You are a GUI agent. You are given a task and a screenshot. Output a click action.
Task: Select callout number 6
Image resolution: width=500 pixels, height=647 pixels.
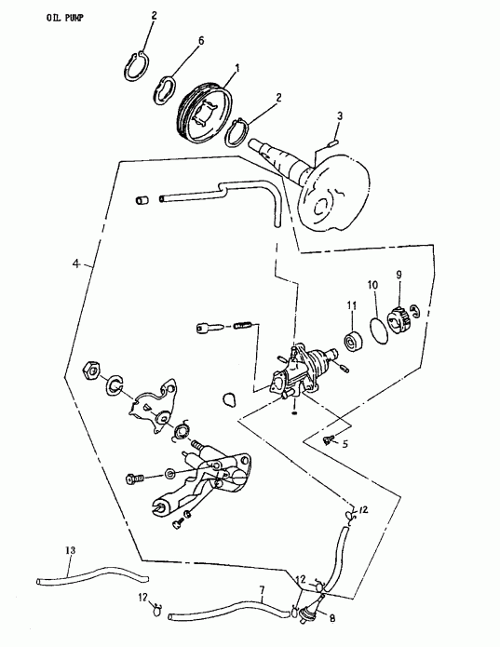(198, 42)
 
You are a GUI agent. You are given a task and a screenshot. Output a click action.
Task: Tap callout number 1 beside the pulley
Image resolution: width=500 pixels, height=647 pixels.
(237, 68)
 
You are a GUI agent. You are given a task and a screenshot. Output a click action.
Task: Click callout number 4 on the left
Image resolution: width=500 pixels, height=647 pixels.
(77, 264)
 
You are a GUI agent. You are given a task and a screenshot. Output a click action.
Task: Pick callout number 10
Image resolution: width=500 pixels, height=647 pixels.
(372, 284)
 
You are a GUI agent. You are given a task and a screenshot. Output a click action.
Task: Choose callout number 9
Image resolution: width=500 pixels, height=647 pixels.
(399, 275)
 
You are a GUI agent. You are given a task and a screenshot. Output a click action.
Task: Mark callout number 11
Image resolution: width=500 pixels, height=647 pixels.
(352, 304)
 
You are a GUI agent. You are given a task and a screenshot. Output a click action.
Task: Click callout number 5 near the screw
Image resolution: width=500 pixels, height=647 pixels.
(345, 445)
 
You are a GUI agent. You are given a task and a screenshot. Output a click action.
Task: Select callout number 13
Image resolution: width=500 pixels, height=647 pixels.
(68, 550)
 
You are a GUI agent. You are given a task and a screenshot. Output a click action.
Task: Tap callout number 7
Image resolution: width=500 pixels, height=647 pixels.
(262, 591)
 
